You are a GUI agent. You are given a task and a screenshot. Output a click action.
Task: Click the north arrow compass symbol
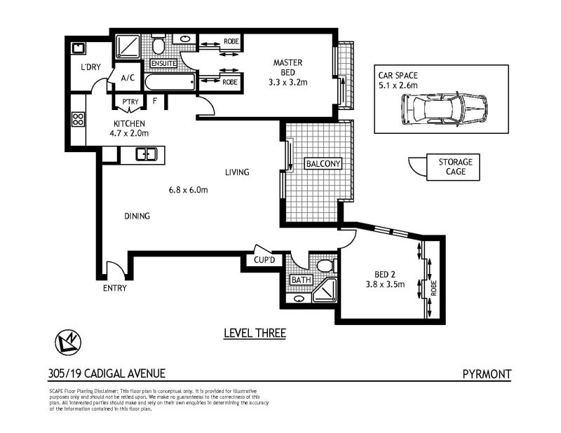click(68, 343)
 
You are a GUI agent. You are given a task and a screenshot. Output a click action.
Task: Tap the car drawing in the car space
click(444, 109)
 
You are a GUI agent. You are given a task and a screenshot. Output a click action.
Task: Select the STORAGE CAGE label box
click(453, 167)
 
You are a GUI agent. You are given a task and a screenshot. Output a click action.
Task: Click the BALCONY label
click(323, 164)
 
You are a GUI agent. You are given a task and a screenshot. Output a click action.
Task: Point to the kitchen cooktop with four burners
click(78, 119)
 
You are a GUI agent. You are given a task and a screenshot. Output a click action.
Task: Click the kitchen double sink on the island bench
click(147, 154)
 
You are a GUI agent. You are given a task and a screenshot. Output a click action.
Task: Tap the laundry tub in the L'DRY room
click(79, 48)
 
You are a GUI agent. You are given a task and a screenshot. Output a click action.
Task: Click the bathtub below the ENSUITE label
click(170, 82)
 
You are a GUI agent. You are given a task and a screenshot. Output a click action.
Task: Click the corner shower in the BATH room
click(325, 291)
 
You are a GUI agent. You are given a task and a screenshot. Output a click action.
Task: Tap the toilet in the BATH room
click(327, 266)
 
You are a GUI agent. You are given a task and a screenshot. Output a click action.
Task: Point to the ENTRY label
click(115, 288)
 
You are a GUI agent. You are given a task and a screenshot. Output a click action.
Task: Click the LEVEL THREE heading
click(255, 334)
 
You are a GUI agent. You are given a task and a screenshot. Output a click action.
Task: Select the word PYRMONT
click(487, 374)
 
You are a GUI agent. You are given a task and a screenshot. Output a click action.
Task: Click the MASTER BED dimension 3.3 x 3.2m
click(288, 83)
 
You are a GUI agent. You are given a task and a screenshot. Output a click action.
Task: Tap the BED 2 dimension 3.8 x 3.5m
click(385, 284)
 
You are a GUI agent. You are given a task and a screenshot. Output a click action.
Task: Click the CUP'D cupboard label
click(264, 260)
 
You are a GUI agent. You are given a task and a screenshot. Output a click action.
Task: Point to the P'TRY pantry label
click(130, 102)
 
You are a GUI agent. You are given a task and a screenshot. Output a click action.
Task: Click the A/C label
click(128, 78)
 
